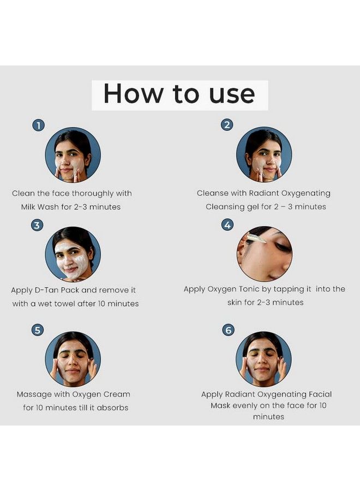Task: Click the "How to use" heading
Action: tap(179, 94)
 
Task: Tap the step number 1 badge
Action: tap(39, 125)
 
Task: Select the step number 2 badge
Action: tap(227, 125)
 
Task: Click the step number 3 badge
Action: tap(37, 225)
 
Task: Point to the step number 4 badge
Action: tap(227, 225)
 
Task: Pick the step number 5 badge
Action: tap(38, 331)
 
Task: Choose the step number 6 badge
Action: tap(229, 330)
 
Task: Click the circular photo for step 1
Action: tap(73, 155)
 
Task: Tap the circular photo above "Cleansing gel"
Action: tap(264, 154)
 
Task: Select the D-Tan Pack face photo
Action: tap(73, 254)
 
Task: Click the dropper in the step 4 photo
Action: tap(256, 238)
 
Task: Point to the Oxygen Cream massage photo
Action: tap(73, 359)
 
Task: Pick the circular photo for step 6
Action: tap(263, 359)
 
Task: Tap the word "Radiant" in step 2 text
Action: tap(264, 193)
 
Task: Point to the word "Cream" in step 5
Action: tap(117, 394)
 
